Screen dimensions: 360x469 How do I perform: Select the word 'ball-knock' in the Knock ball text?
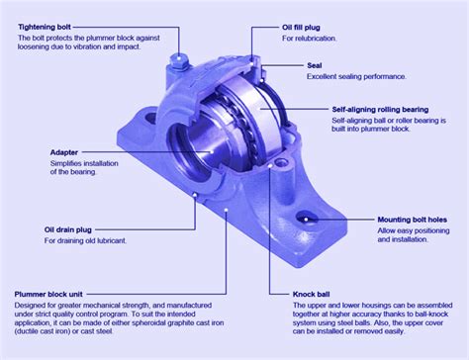pos(434,315)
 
